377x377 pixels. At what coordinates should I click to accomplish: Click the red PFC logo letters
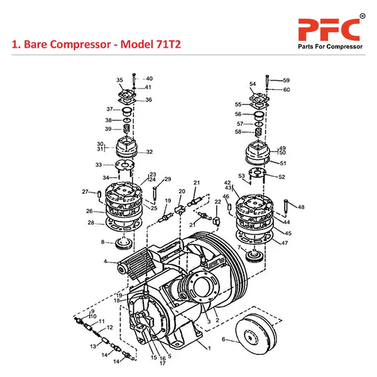329,28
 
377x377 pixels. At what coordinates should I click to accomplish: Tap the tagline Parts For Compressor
329,48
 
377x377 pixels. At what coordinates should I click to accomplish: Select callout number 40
149,79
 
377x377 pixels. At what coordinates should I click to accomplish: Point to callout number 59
286,80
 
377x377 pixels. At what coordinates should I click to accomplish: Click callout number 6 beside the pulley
223,339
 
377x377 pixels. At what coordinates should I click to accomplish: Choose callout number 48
301,207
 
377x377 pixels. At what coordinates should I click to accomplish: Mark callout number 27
85,192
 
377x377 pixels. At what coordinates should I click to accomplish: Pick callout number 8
103,242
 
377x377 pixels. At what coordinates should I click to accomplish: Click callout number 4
106,261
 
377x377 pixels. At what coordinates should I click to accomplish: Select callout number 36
149,100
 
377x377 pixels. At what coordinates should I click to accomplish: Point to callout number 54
253,84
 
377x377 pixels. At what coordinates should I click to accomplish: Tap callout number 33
98,165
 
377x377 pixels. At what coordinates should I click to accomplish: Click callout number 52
281,177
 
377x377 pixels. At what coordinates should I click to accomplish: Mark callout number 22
217,201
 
